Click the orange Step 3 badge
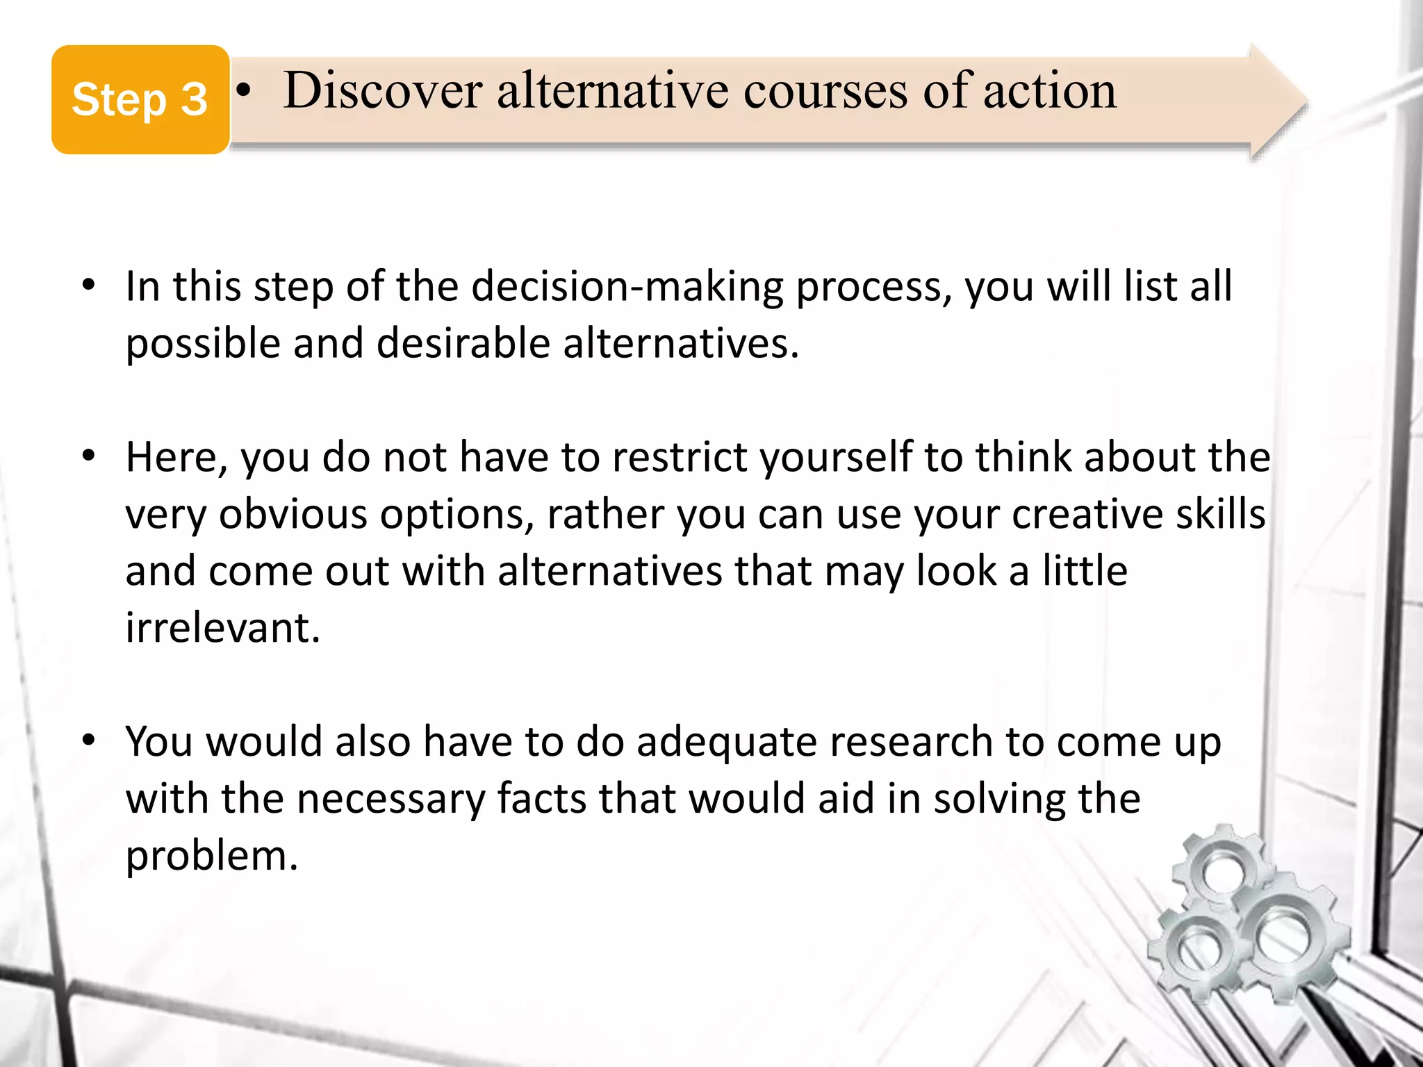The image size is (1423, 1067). pos(140,99)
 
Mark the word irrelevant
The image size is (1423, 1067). pos(222,628)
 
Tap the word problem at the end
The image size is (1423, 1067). pos(211,856)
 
